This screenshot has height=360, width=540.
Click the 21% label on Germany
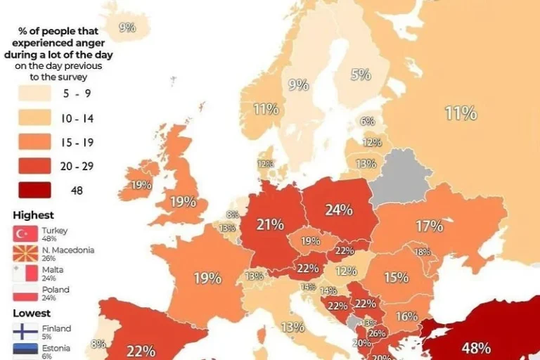click(x=270, y=224)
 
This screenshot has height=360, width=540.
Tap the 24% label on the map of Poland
click(x=338, y=210)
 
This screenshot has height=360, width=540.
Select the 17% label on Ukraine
click(x=429, y=226)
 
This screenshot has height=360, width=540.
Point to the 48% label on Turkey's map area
click(x=476, y=347)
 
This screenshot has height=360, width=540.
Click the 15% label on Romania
click(x=396, y=278)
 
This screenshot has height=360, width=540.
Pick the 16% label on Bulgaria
click(x=406, y=316)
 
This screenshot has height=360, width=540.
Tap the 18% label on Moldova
click(x=422, y=252)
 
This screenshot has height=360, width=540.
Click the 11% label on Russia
click(x=461, y=112)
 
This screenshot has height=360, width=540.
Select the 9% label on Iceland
click(x=127, y=28)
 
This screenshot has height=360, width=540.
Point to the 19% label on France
click(x=207, y=278)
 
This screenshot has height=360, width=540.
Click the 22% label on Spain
click(x=141, y=349)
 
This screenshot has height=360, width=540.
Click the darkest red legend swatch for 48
click(x=32, y=191)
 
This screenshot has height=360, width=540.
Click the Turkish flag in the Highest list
click(x=25, y=234)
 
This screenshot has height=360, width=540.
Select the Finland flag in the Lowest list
click(x=25, y=332)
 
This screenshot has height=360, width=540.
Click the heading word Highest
click(x=33, y=215)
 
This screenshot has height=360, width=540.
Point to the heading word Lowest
click(x=32, y=313)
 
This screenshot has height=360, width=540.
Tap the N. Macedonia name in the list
click(x=67, y=250)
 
